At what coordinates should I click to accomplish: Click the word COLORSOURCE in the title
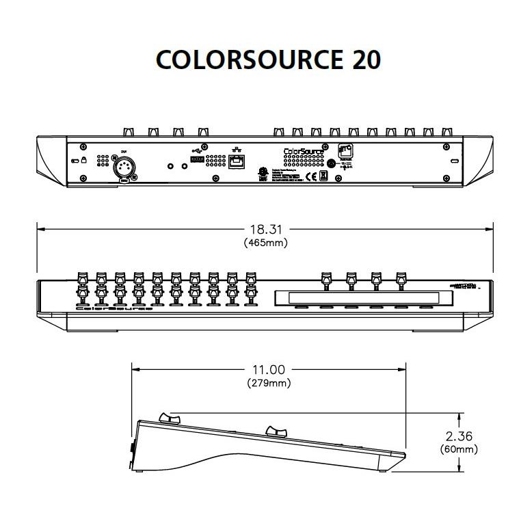[248, 60]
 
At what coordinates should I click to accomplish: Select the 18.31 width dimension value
[265, 230]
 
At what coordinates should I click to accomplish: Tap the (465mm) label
[265, 243]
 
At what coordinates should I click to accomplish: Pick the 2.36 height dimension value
[458, 436]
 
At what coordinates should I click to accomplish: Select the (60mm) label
[458, 449]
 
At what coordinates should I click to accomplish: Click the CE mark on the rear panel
[309, 176]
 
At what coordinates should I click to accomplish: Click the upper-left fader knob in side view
[168, 418]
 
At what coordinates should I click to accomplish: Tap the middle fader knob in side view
[276, 431]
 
